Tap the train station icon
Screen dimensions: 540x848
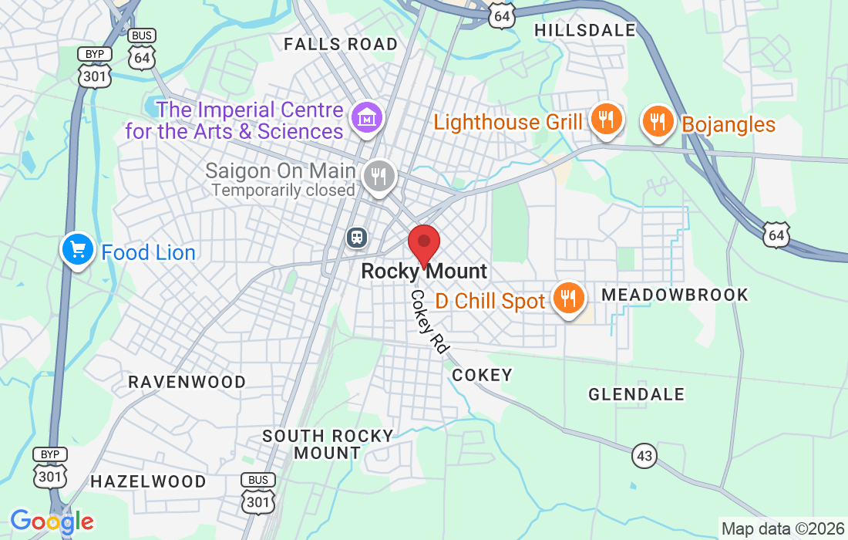(357, 237)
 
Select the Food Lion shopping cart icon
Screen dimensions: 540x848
(77, 250)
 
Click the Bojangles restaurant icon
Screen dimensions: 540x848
(658, 122)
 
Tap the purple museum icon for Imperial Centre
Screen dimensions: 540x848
(367, 118)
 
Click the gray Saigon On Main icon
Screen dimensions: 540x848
(378, 176)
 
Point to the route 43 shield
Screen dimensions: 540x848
(644, 456)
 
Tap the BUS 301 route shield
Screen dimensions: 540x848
(257, 494)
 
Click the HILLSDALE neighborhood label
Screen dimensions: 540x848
(585, 30)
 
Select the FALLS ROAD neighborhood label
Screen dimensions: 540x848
(341, 44)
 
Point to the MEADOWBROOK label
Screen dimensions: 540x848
(675, 295)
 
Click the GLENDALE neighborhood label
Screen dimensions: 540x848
(636, 394)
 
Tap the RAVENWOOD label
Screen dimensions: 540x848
(187, 382)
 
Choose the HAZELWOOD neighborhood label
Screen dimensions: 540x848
(148, 481)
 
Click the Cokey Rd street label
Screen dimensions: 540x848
(429, 322)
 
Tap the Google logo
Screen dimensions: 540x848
(52, 522)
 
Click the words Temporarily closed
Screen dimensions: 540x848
(283, 190)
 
